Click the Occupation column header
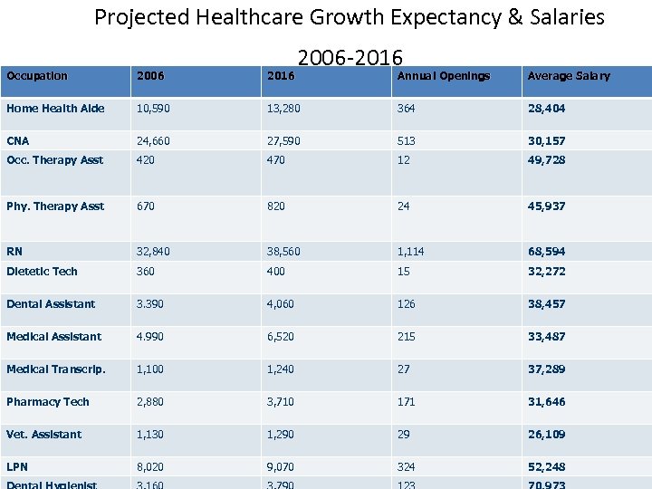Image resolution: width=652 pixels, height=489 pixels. pyautogui.click(x=36, y=76)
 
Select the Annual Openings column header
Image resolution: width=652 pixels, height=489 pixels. pyautogui.click(x=444, y=76)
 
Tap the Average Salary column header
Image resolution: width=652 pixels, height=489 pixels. pyautogui.click(x=569, y=76)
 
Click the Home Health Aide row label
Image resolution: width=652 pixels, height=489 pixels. pyautogui.click(x=55, y=109)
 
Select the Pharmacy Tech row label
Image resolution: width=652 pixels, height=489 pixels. pyautogui.click(x=48, y=401)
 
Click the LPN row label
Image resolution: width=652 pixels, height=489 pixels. pyautogui.click(x=16, y=466)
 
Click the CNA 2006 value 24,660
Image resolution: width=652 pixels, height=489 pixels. pyautogui.click(x=152, y=141)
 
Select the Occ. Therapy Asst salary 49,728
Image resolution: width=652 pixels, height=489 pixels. pyautogui.click(x=546, y=160)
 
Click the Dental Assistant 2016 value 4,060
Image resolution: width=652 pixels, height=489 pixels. pyautogui.click(x=280, y=304)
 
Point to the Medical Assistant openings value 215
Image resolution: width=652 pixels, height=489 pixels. pyautogui.click(x=406, y=337)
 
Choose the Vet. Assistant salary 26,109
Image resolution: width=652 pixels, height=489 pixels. pyautogui.click(x=546, y=435)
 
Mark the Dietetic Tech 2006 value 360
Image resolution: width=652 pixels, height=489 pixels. pyautogui.click(x=145, y=272)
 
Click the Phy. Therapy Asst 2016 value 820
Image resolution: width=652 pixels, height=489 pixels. pyautogui.click(x=275, y=206)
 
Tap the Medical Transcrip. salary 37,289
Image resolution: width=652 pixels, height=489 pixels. pyautogui.click(x=546, y=369)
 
